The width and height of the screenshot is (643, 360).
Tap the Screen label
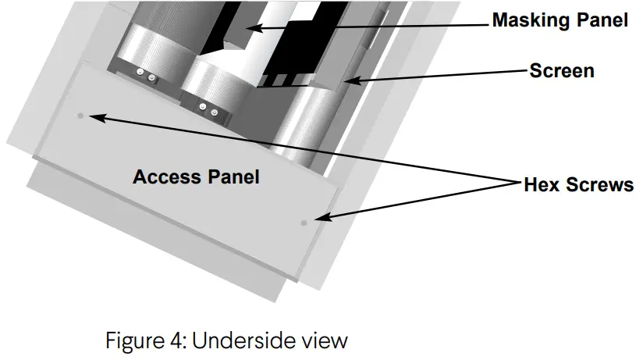[x=562, y=71]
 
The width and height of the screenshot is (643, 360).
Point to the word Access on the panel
[x=165, y=176]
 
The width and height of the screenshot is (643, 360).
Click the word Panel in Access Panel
[x=230, y=176]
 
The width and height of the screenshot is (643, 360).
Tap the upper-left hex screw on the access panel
[x=80, y=116]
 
